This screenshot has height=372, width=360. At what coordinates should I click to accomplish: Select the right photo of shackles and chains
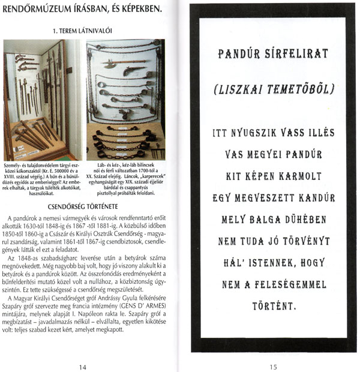click(x=125, y=99)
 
